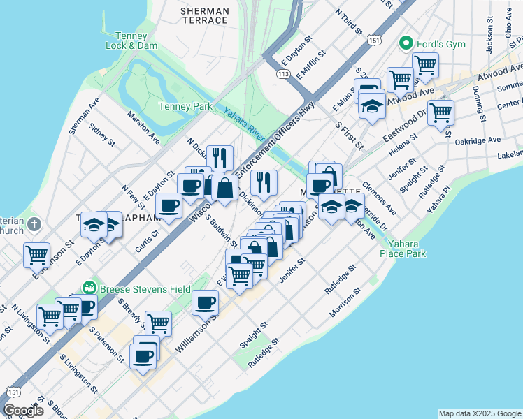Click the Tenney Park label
(185, 106)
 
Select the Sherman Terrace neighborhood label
(204, 15)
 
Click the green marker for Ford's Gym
(404, 44)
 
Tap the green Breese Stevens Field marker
(89, 287)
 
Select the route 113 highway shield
(283, 73)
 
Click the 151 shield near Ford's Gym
(375, 42)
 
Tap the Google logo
(22, 411)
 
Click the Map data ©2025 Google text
(479, 413)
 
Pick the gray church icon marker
(36, 226)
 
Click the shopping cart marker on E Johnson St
(36, 254)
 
